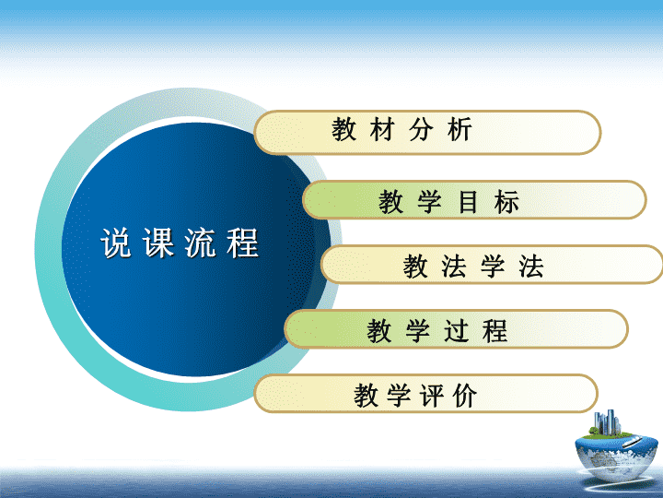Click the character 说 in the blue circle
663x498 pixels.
click(116, 243)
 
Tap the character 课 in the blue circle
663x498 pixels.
click(158, 243)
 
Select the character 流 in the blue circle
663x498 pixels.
click(200, 243)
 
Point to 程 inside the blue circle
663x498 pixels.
click(242, 243)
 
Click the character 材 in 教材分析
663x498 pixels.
click(382, 129)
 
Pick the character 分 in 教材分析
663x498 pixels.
click(421, 129)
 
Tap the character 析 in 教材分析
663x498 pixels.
click(459, 129)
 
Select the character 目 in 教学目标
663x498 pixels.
click(468, 202)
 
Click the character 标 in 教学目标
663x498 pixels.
click(506, 202)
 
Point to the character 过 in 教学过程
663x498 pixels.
click(456, 331)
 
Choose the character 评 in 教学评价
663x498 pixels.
click(431, 396)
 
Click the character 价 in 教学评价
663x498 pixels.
click(464, 396)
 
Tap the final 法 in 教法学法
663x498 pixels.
click(531, 267)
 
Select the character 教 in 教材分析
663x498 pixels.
click(344, 129)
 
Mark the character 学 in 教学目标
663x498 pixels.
click(430, 202)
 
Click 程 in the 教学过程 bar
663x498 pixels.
click(494, 331)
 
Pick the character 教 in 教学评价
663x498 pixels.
click(366, 396)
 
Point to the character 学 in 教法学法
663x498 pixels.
click(493, 267)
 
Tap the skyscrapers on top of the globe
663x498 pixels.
click(607, 421)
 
